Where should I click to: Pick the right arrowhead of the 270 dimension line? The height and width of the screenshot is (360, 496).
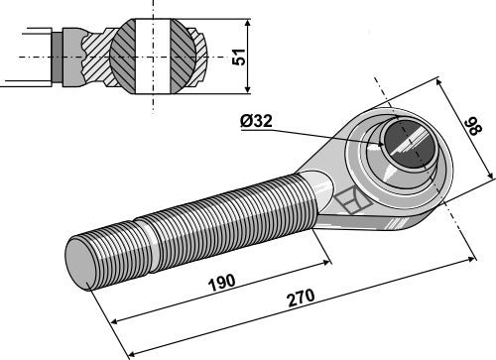(x=471, y=258)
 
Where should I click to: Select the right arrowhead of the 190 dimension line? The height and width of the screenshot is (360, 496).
(x=328, y=263)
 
